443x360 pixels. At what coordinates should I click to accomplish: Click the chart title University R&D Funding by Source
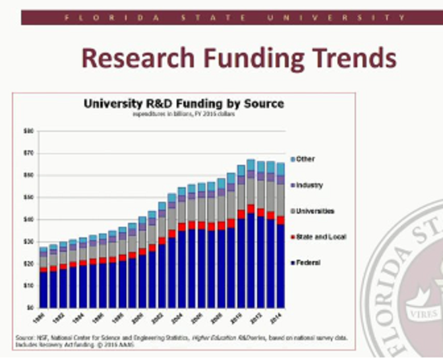click(183, 104)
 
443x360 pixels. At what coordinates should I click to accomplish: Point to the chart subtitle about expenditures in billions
click(183, 114)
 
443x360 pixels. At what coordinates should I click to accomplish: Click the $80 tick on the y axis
click(29, 131)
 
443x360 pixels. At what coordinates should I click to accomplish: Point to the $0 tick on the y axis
click(30, 307)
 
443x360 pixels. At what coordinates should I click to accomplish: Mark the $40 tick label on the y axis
click(29, 220)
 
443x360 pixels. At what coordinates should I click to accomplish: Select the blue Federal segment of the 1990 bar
click(44, 289)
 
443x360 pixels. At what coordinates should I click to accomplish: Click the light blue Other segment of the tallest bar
click(251, 164)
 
